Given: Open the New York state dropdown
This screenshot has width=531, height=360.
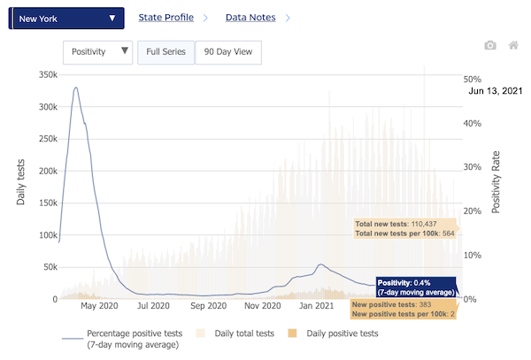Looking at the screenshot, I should [66, 18].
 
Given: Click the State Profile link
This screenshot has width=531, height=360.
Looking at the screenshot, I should [165, 17].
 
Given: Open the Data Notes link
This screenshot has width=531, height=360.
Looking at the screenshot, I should [250, 17].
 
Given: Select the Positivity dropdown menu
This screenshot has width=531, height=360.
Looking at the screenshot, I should [98, 51].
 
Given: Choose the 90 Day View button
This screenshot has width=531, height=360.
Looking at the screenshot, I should [227, 51].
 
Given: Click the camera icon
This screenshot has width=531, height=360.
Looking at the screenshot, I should [490, 45].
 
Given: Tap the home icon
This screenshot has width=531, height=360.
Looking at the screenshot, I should [513, 45].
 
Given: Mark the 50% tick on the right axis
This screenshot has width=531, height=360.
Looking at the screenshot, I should [472, 79].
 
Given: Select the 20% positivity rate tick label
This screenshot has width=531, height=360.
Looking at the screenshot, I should [472, 211].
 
